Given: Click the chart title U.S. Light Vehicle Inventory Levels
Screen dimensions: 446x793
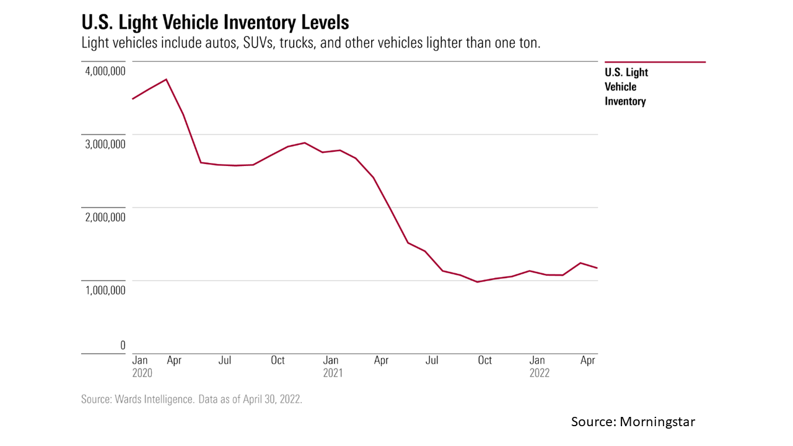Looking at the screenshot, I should click(215, 23).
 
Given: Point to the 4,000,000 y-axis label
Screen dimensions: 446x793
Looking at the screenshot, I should click(103, 71).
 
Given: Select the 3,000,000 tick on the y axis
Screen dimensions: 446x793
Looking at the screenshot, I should click(103, 144).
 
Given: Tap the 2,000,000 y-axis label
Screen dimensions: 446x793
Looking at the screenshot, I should click(103, 217).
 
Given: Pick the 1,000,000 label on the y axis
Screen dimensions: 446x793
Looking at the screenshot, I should click(103, 290).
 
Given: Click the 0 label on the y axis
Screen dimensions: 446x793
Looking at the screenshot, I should click(123, 345).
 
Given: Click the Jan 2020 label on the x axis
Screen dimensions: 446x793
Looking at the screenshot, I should click(142, 367).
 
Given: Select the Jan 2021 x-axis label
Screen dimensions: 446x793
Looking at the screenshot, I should click(332, 367).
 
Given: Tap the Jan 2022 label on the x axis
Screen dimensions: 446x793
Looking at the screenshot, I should click(539, 367).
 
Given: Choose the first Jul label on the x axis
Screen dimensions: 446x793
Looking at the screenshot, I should click(225, 361).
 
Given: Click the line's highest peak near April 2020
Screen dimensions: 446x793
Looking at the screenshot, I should click(166, 79).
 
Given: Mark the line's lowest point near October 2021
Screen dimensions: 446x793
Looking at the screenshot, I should click(477, 282).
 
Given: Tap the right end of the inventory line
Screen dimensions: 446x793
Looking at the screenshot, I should click(597, 268).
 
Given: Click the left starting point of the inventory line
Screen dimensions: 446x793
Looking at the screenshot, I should click(133, 99).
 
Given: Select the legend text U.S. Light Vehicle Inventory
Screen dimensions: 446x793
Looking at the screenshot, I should click(626, 87).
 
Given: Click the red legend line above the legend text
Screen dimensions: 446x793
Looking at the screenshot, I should click(655, 62).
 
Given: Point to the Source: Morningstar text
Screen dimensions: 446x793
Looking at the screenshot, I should click(633, 422).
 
